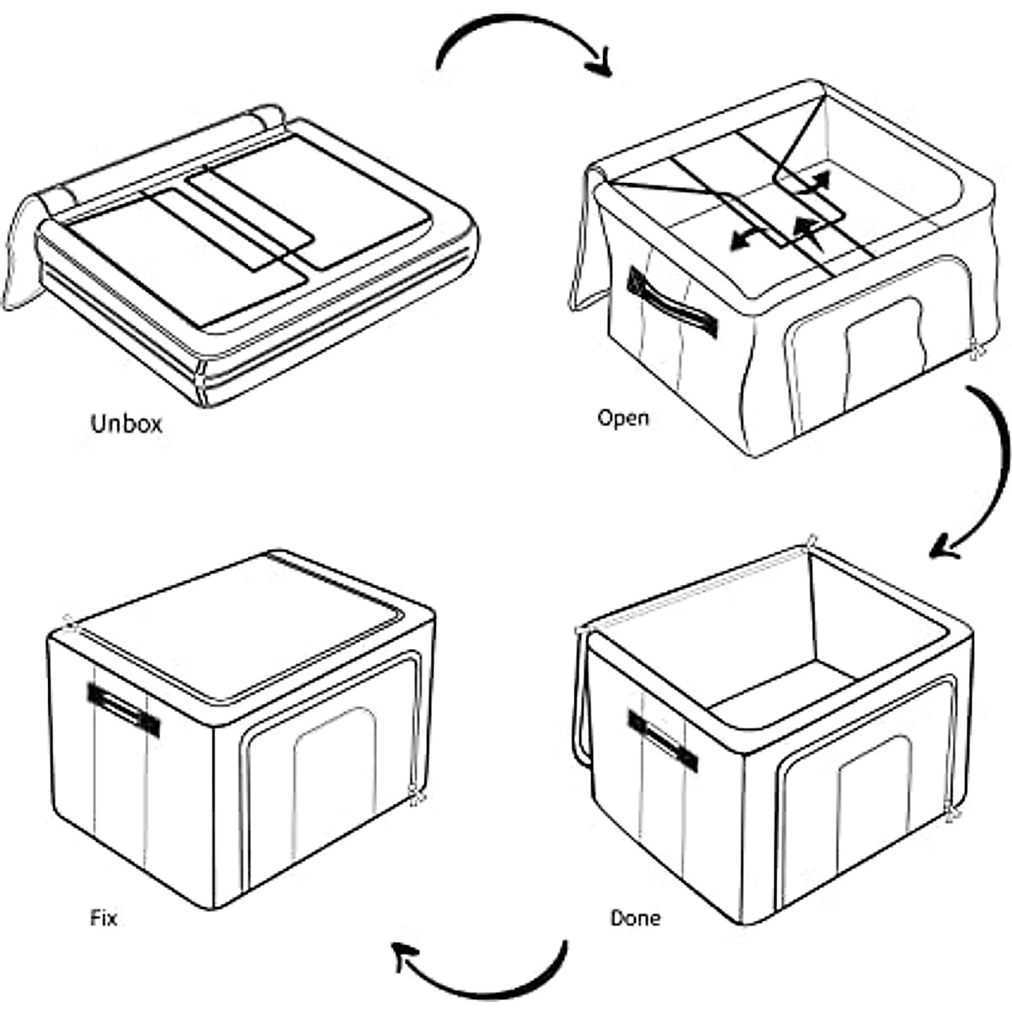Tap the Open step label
click(x=623, y=417)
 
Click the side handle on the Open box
click(x=671, y=301)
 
